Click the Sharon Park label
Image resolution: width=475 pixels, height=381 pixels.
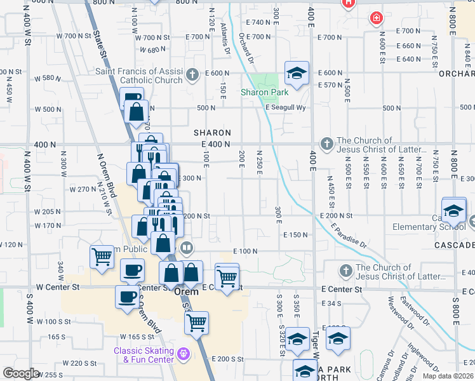point(261,93)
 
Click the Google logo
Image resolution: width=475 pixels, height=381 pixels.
point(21,373)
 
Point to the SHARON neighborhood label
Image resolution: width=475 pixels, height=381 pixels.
point(211,133)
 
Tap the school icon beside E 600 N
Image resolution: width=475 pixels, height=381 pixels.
point(297,74)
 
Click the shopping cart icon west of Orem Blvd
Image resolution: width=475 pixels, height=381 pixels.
point(102,257)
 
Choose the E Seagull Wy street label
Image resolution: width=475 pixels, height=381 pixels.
point(286,107)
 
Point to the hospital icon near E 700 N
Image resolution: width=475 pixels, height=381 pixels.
point(377,18)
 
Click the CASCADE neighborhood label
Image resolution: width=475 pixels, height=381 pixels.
point(455,245)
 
